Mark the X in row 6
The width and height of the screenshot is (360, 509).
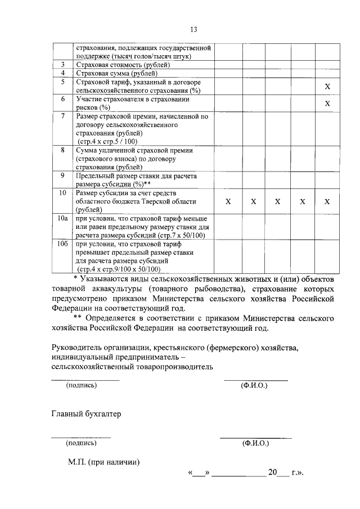point(327,103)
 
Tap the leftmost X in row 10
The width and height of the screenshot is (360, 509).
point(228,201)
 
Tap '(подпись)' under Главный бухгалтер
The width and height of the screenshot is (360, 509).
point(81,443)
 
